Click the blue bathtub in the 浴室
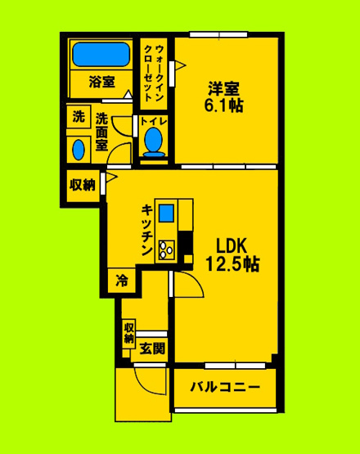[101, 56]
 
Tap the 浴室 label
[101, 82]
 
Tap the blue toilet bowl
[153, 142]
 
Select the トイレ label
[153, 123]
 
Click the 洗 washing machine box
[79, 117]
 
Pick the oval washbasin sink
[79, 149]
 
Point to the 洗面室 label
[101, 131]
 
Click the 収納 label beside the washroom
[81, 185]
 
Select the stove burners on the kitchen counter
[168, 246]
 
